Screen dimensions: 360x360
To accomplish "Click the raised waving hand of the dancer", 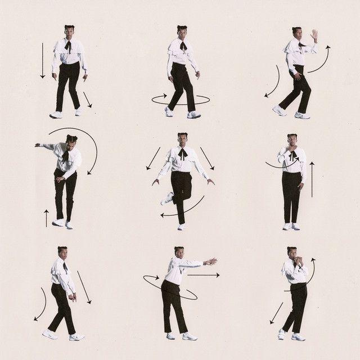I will point(314,35).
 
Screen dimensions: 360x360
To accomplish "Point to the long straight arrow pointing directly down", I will point(42,59).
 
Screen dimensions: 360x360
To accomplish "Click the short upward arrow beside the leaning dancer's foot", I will point(47,218).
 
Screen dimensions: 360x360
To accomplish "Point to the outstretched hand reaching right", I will point(210,261).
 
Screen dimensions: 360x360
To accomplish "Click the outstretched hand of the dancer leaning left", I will point(38,145).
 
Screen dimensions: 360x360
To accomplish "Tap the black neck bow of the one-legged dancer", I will point(182,153).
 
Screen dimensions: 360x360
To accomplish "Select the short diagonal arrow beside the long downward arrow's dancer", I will point(87,100).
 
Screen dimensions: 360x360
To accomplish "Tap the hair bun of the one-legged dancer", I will point(182,134).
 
